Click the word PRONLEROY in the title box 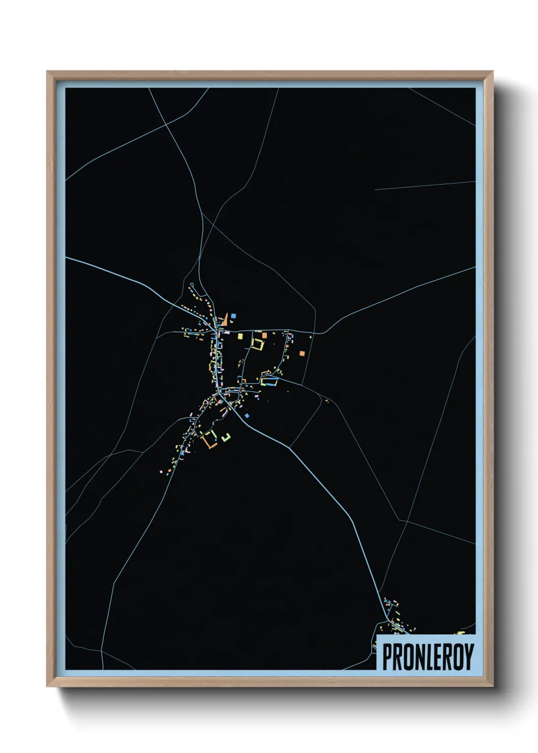[428, 657]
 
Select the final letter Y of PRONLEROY [468, 657]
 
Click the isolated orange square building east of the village [302, 353]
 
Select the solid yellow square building [241, 336]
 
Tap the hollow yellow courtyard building [258, 344]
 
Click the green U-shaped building [226, 436]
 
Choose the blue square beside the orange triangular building [233, 316]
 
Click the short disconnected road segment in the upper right [425, 185]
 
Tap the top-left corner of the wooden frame [47, 72]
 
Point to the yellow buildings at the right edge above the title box [461, 632]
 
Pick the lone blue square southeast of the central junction [247, 416]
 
